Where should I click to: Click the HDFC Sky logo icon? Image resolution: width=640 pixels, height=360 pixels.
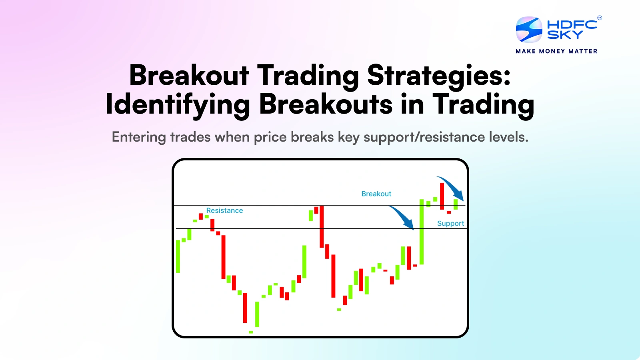529,29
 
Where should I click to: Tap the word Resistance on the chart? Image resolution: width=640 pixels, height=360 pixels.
224,210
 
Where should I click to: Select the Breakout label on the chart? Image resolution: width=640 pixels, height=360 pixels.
376,194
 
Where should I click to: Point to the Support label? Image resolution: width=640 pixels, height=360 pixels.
450,223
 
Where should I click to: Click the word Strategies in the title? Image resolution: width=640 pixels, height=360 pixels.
439,75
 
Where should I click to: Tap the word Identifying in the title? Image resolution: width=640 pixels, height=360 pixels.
178,104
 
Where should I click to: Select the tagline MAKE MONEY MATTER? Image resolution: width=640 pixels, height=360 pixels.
556,51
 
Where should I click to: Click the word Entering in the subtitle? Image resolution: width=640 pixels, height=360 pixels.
138,137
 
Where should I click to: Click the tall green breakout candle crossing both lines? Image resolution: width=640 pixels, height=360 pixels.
422,232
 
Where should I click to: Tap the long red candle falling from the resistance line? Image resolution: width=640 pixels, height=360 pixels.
322,226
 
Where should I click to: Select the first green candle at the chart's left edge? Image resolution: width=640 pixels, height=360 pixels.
178,256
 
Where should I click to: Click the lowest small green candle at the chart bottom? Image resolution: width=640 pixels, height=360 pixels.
251,332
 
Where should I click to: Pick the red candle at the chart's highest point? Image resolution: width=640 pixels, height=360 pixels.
442,196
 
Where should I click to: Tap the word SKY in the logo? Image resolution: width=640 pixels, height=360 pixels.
565,35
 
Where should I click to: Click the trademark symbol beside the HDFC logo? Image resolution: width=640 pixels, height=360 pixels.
599,18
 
